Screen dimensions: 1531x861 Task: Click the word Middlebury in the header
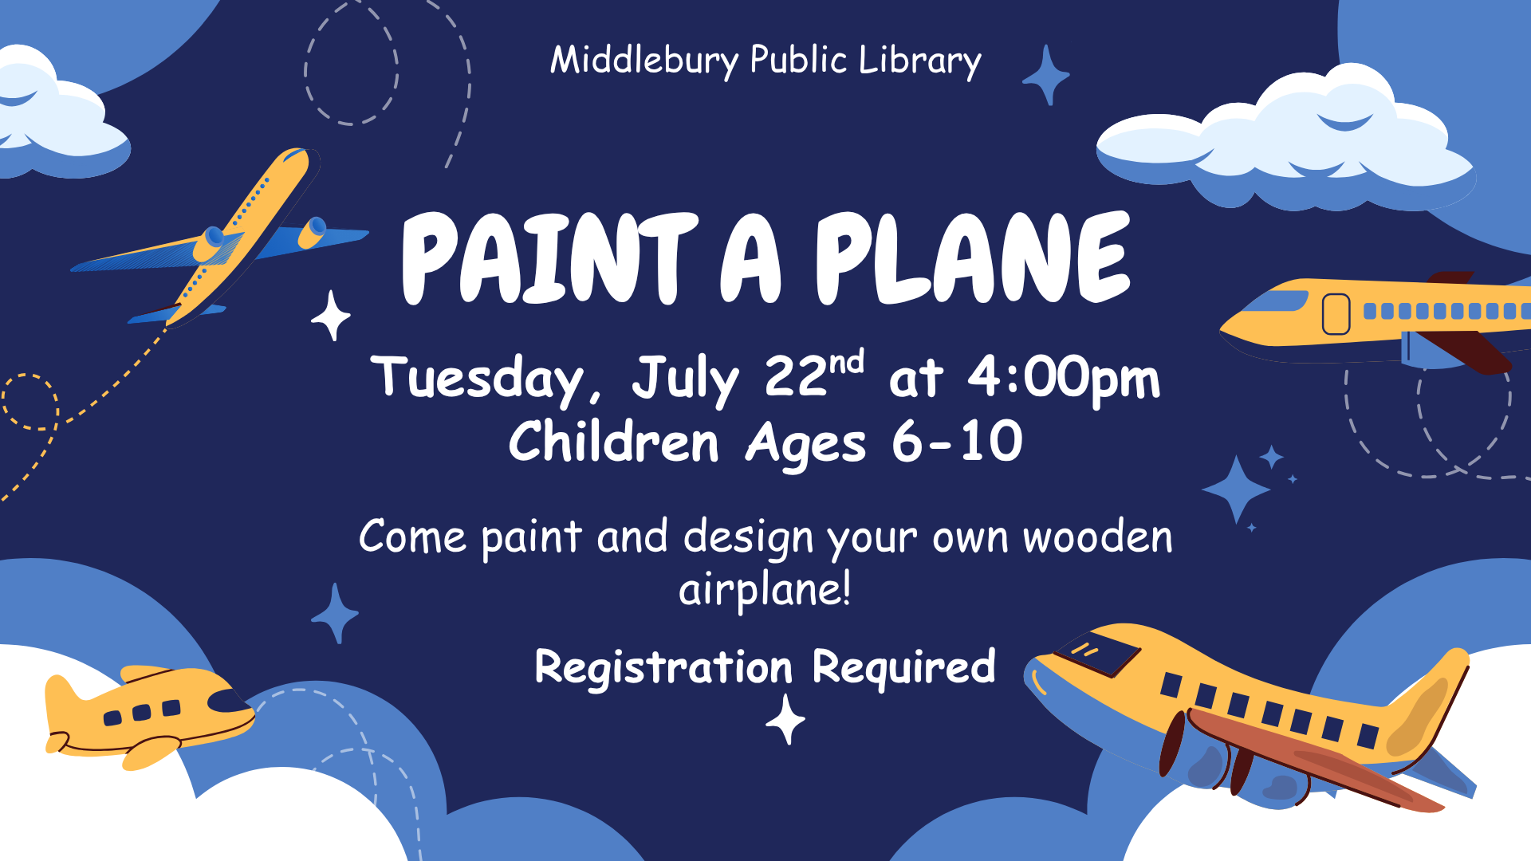[645, 61]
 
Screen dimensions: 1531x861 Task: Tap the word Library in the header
[920, 61]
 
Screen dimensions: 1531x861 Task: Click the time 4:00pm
[1064, 378]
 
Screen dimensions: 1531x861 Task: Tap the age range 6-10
[957, 441]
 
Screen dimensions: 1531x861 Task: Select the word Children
[614, 441]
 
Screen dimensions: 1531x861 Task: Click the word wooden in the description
[1098, 537]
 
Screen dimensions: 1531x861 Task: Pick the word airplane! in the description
[765, 590]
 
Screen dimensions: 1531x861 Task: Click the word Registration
[663, 666]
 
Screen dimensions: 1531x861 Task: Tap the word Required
[903, 667]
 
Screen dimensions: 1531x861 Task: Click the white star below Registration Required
[785, 719]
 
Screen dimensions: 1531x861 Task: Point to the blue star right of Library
[1046, 75]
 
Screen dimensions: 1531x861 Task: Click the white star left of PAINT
[331, 316]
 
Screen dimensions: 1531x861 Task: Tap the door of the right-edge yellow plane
[1336, 314]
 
